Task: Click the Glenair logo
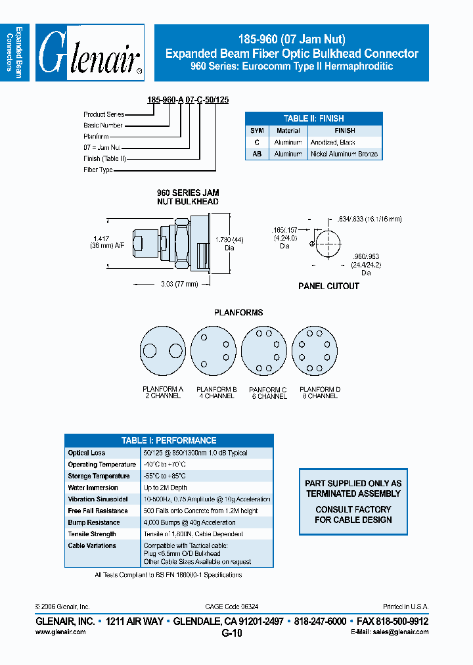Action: [x=90, y=53]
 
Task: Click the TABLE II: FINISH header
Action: [x=313, y=119]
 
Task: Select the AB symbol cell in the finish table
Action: [x=257, y=154]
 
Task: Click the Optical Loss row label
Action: [x=86, y=453]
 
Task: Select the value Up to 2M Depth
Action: [x=165, y=488]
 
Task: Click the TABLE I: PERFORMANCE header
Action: [x=169, y=440]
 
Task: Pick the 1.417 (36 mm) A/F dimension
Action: [x=101, y=242]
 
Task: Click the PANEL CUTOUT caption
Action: [x=328, y=286]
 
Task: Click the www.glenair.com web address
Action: [x=60, y=631]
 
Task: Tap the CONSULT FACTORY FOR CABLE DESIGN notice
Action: [x=353, y=515]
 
